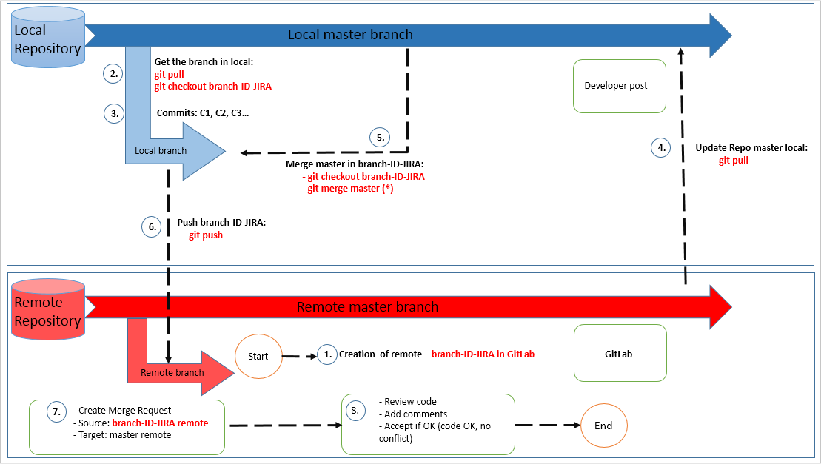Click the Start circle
pos(258,356)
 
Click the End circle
pos(603,426)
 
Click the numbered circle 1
pos(326,354)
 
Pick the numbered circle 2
pos(113,73)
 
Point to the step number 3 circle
pos(113,114)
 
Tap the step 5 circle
pos(380,137)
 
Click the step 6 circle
pos(151,228)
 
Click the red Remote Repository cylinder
pos(49,309)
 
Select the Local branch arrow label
pos(161,150)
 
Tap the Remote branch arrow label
pos(172,372)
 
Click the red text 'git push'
pos(205,235)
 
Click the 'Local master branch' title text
pos(350,35)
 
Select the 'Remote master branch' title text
pos(367,307)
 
